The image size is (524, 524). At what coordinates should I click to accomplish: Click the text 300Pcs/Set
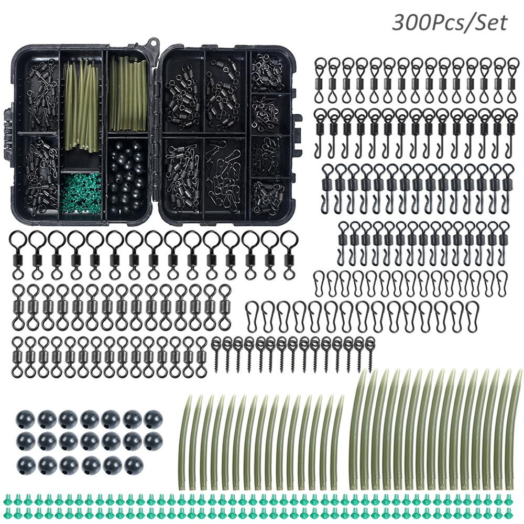point(449,23)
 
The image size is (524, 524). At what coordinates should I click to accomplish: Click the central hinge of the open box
point(156,134)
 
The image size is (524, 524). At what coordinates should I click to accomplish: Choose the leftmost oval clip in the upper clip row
point(319,283)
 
